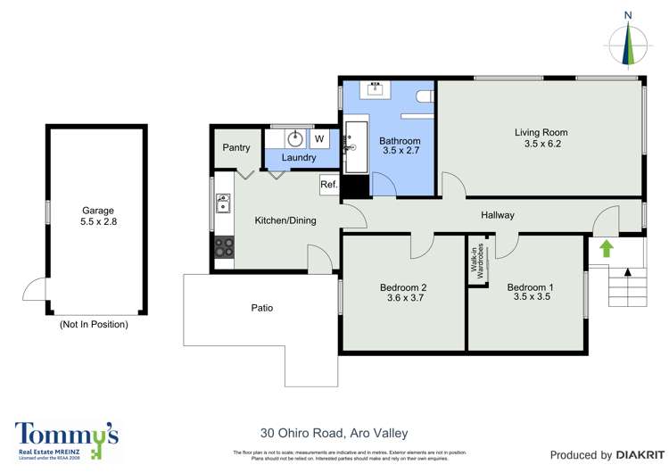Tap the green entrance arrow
[x=607, y=247]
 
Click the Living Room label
[x=541, y=137]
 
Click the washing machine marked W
[x=318, y=139]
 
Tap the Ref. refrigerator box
[x=328, y=186]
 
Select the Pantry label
[x=236, y=148]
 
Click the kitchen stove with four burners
[x=223, y=246]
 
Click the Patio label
[x=261, y=308]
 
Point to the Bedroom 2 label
[x=403, y=292]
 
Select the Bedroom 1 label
[x=530, y=292]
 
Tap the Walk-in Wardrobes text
[x=477, y=261]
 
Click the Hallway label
[x=498, y=215]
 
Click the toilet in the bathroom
[x=425, y=95]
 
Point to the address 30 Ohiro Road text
[x=334, y=433]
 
